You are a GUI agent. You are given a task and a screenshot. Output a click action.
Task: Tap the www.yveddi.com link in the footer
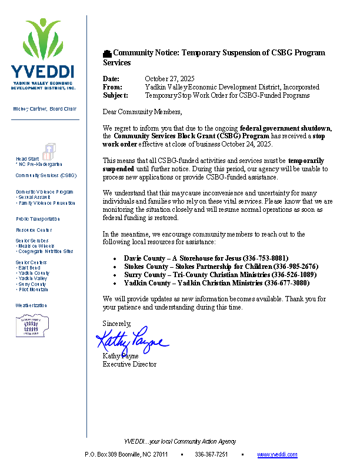(277, 455)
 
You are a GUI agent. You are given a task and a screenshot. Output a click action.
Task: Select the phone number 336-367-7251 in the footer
(211, 455)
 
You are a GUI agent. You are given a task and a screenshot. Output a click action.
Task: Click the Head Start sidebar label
(28, 159)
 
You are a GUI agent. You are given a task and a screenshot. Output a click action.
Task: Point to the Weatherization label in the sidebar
(31, 306)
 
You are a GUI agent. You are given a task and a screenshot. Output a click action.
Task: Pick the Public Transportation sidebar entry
(38, 219)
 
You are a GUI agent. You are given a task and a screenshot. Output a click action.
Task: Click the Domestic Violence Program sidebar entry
(45, 192)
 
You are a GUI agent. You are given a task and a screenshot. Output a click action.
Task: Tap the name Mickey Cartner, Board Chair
(45, 109)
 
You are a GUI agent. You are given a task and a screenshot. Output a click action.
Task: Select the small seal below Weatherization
(32, 325)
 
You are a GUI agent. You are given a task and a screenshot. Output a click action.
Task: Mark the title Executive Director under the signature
(129, 365)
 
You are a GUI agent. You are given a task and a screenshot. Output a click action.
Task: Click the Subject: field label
(115, 95)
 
